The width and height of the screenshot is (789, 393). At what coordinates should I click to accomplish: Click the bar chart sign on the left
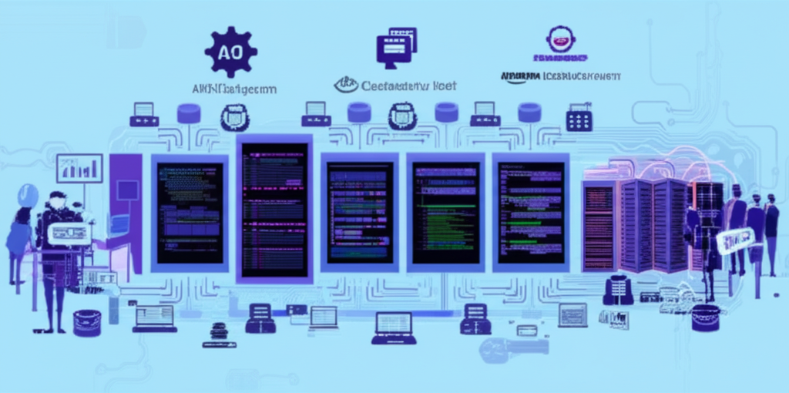(79, 168)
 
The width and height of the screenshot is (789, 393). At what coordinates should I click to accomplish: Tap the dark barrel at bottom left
(87, 322)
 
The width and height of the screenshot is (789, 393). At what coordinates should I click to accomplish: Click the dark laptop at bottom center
(394, 327)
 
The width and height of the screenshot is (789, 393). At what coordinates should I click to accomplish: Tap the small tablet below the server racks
(572, 314)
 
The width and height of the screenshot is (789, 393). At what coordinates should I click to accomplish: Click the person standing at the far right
(771, 231)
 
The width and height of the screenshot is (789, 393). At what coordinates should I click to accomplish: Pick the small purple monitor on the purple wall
(128, 190)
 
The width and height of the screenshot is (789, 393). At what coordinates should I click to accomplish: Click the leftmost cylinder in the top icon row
(189, 114)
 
